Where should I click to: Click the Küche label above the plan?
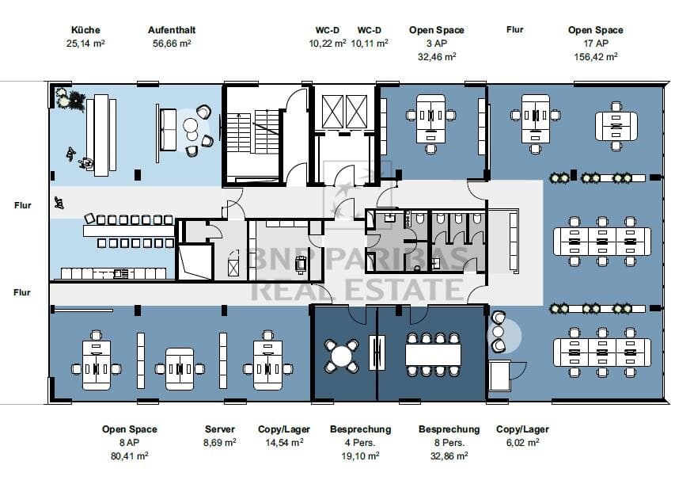tap(85, 30)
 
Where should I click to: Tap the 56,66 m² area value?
tap(172, 44)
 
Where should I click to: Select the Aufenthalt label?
tap(172, 30)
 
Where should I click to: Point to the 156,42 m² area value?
tap(596, 57)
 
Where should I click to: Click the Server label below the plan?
tap(220, 429)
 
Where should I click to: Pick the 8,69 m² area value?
tap(220, 442)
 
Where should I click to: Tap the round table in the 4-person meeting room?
tap(341, 356)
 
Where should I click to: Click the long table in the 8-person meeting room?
tap(433, 355)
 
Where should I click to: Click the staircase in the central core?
tap(253, 133)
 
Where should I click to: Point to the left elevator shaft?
tap(332, 111)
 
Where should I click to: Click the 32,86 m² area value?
tap(449, 455)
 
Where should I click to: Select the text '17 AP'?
tap(596, 44)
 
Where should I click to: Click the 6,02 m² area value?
tap(523, 442)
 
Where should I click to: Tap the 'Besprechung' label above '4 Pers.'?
tap(361, 429)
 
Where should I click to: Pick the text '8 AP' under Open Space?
tap(129, 442)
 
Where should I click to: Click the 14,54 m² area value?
tap(284, 442)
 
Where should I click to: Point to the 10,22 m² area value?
tap(328, 44)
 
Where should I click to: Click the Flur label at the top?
tap(514, 29)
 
